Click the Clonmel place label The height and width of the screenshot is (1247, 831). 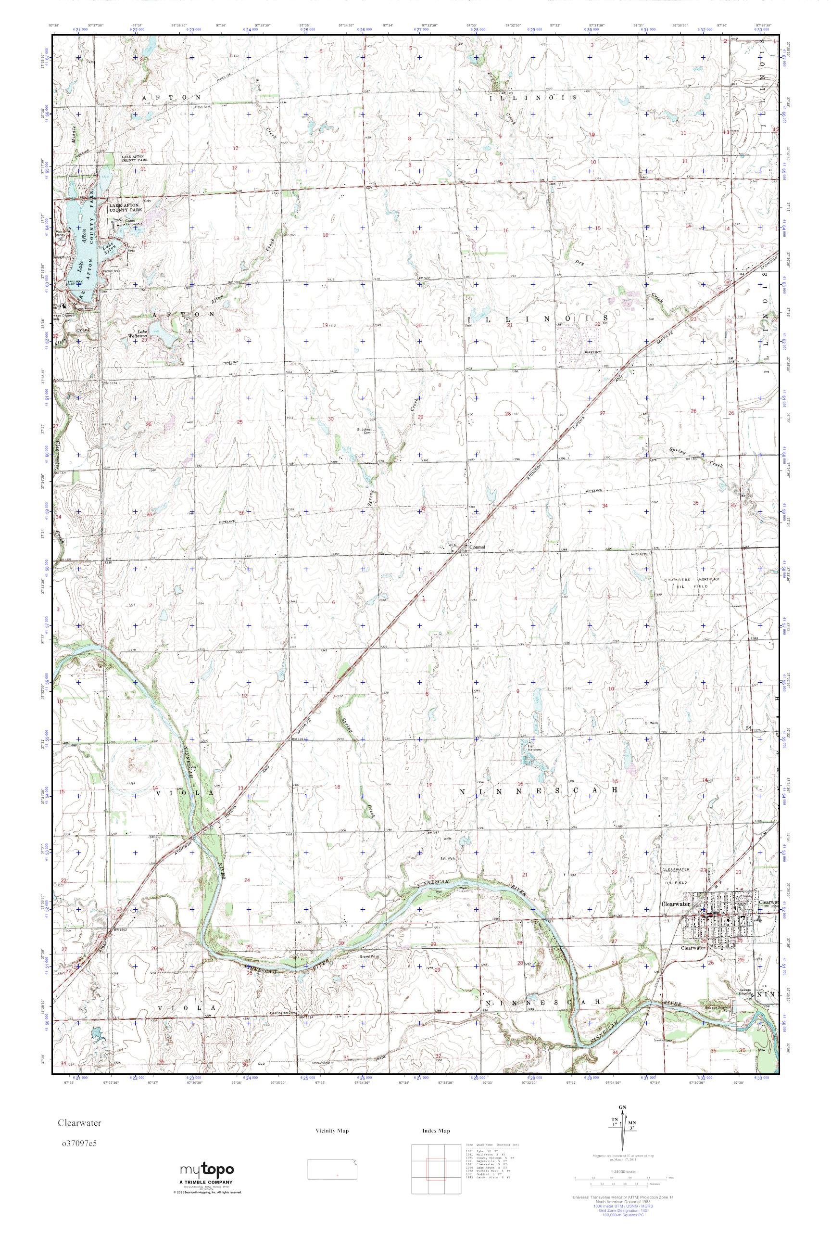coord(474,547)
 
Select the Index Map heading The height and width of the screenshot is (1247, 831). coord(436,1131)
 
